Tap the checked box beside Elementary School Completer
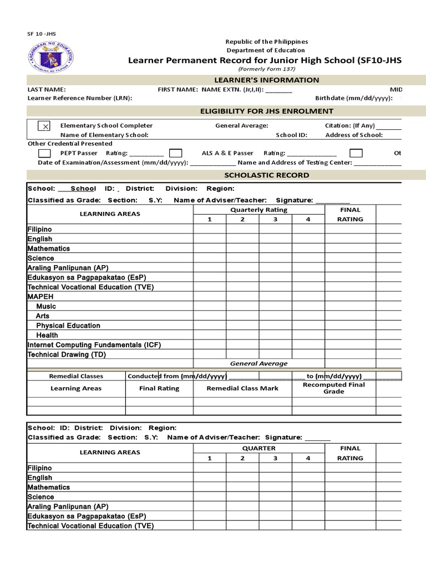coord(45,126)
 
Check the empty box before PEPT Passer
coord(45,153)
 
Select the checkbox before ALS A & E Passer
coord(175,153)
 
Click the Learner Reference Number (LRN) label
coord(80,98)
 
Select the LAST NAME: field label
coord(47,89)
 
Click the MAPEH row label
coord(40,297)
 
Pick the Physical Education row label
coord(68,326)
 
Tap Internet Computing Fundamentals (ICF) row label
coord(94,345)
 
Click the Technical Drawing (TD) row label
coord(67,354)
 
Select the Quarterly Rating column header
coord(258,210)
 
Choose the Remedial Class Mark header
coord(242,388)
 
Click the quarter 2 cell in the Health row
coord(242,335)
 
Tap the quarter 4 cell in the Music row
coord(308,306)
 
